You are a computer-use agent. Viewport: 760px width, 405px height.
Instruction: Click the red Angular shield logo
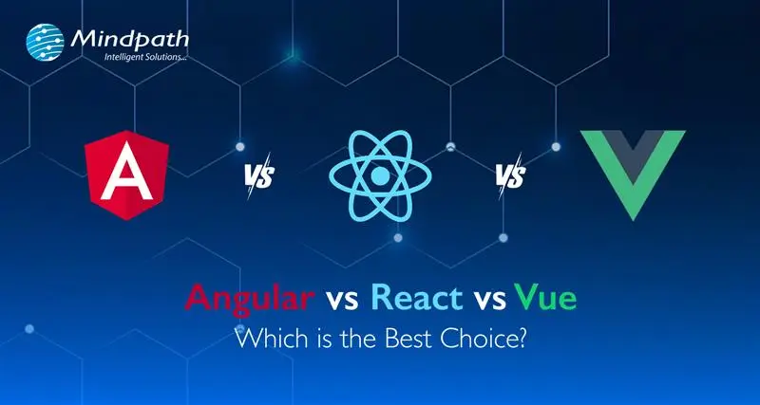tap(126, 176)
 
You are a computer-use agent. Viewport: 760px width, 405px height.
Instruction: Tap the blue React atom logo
tap(380, 176)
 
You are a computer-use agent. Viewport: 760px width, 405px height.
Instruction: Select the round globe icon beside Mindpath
tap(47, 44)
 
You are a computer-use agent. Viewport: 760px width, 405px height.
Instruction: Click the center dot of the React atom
tap(380, 176)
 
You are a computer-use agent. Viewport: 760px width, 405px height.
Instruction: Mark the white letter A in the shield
tap(126, 177)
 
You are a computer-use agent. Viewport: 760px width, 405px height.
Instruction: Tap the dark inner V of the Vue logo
tap(632, 152)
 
